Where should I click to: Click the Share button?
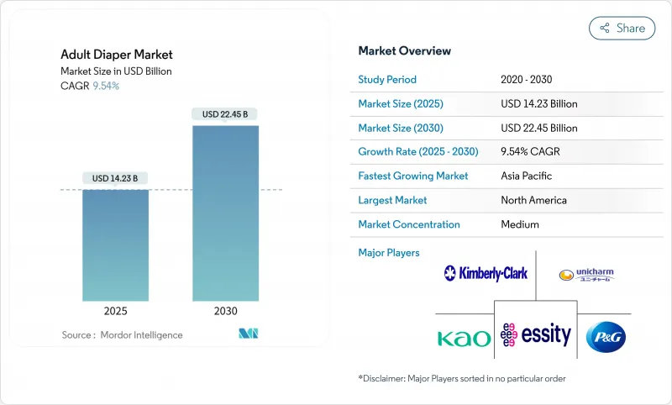point(622,28)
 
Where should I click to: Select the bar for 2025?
point(116,245)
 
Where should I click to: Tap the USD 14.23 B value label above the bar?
point(115,178)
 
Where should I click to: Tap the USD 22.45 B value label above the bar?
point(225,114)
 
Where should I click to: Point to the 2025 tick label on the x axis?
point(116,311)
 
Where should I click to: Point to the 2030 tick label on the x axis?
point(225,311)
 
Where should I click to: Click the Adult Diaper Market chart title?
point(117,55)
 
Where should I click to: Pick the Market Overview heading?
point(405,50)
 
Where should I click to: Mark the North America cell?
point(533,200)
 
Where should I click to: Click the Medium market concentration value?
point(520,224)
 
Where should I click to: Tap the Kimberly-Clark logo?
point(486,272)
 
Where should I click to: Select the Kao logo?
point(464,338)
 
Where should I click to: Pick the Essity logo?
point(535,335)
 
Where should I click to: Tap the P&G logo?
point(606,336)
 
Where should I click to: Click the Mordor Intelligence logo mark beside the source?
point(248,334)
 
